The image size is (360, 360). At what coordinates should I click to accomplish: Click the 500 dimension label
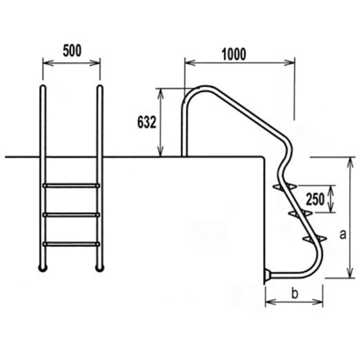point(71,51)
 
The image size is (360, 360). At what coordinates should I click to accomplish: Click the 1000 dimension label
point(234,54)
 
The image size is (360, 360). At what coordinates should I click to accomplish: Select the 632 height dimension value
point(147,122)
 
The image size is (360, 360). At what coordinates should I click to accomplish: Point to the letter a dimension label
point(343,236)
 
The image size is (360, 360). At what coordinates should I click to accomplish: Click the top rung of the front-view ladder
point(71,185)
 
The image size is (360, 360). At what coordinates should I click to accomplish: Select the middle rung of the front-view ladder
point(71,214)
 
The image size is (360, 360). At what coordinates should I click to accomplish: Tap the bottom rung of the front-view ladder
point(71,244)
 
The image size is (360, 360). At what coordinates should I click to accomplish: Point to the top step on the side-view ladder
point(283,186)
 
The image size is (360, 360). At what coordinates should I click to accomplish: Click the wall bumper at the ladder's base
point(267,276)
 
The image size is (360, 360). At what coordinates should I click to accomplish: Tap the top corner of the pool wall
point(264,157)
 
